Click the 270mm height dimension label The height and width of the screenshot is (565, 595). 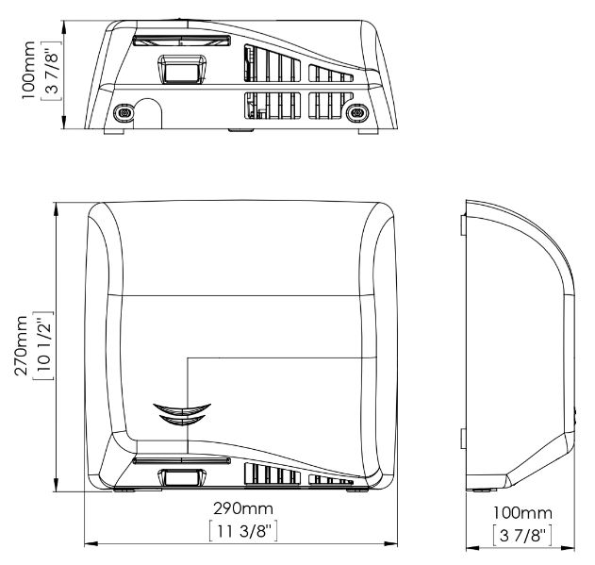point(22,345)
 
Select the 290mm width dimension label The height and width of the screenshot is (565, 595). point(243,508)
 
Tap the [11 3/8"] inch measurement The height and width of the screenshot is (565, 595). point(243,531)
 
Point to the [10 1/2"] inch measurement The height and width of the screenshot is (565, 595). point(43,345)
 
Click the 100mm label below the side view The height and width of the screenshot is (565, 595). point(522,513)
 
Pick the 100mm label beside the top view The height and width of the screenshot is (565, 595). point(28,70)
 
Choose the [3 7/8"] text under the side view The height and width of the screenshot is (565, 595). point(522,536)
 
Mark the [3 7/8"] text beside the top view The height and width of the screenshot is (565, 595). point(51,70)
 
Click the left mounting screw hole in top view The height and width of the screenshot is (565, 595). point(124,112)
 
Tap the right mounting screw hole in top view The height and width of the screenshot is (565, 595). point(357,113)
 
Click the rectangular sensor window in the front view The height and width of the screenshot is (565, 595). point(182,477)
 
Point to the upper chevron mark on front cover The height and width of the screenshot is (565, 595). point(182,409)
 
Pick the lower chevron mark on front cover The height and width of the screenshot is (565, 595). point(182,420)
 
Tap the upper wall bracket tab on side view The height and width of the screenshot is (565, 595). point(463,225)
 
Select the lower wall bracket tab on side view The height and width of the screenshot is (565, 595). point(463,439)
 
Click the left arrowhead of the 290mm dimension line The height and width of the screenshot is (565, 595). point(91,543)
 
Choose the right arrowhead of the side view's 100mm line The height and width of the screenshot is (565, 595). point(569,548)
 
